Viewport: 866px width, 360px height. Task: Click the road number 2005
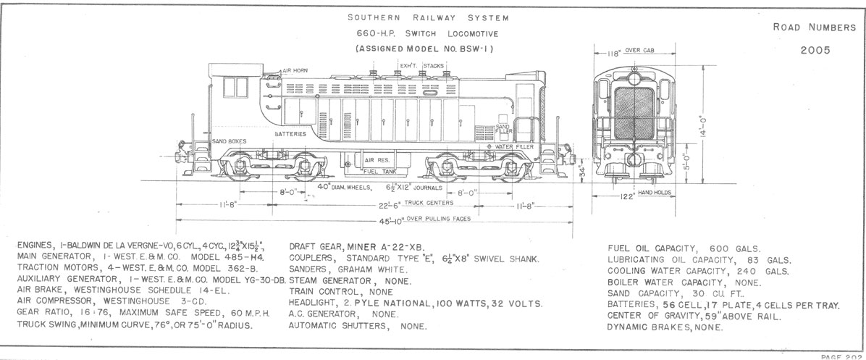pos(815,51)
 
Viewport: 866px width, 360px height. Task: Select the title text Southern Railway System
pos(427,17)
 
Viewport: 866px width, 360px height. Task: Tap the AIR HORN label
pos(295,70)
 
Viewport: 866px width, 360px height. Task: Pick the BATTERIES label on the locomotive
pos(290,135)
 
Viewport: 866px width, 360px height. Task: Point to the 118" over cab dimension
pos(618,52)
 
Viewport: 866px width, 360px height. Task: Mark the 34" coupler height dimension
pos(581,173)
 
